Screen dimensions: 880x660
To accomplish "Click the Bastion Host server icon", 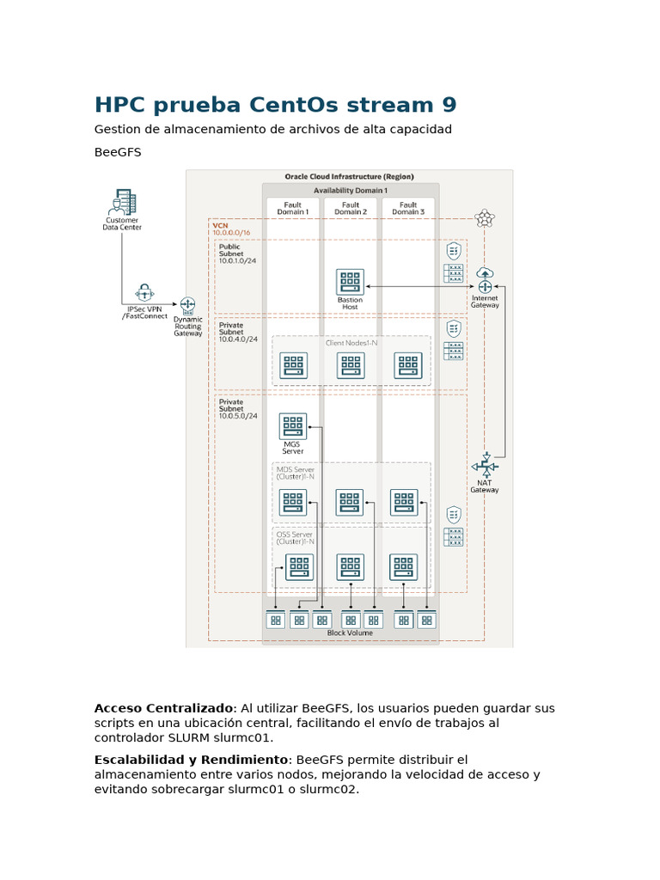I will (350, 281).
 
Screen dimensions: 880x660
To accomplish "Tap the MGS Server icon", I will (292, 426).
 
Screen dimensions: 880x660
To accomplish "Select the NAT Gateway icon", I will (485, 466).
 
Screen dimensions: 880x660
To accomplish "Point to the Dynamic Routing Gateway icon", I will (187, 305).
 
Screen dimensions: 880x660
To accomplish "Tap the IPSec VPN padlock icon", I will (144, 292).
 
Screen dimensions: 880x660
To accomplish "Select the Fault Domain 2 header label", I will (351, 209).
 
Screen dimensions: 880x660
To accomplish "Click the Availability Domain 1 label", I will (351, 190).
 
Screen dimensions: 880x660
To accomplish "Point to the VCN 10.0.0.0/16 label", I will (230, 229).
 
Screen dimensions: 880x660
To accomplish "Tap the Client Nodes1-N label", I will (351, 343).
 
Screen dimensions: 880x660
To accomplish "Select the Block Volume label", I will (350, 633).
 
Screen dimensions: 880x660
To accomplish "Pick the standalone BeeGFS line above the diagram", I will (118, 152).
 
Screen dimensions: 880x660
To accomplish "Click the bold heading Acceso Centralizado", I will (163, 708).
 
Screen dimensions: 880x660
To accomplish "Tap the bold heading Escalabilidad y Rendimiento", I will (191, 760).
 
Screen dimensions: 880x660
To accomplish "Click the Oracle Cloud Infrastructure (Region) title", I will (349, 177).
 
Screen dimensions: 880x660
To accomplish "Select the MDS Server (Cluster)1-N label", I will (296, 474).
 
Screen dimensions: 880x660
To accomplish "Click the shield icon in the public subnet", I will (454, 251).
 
